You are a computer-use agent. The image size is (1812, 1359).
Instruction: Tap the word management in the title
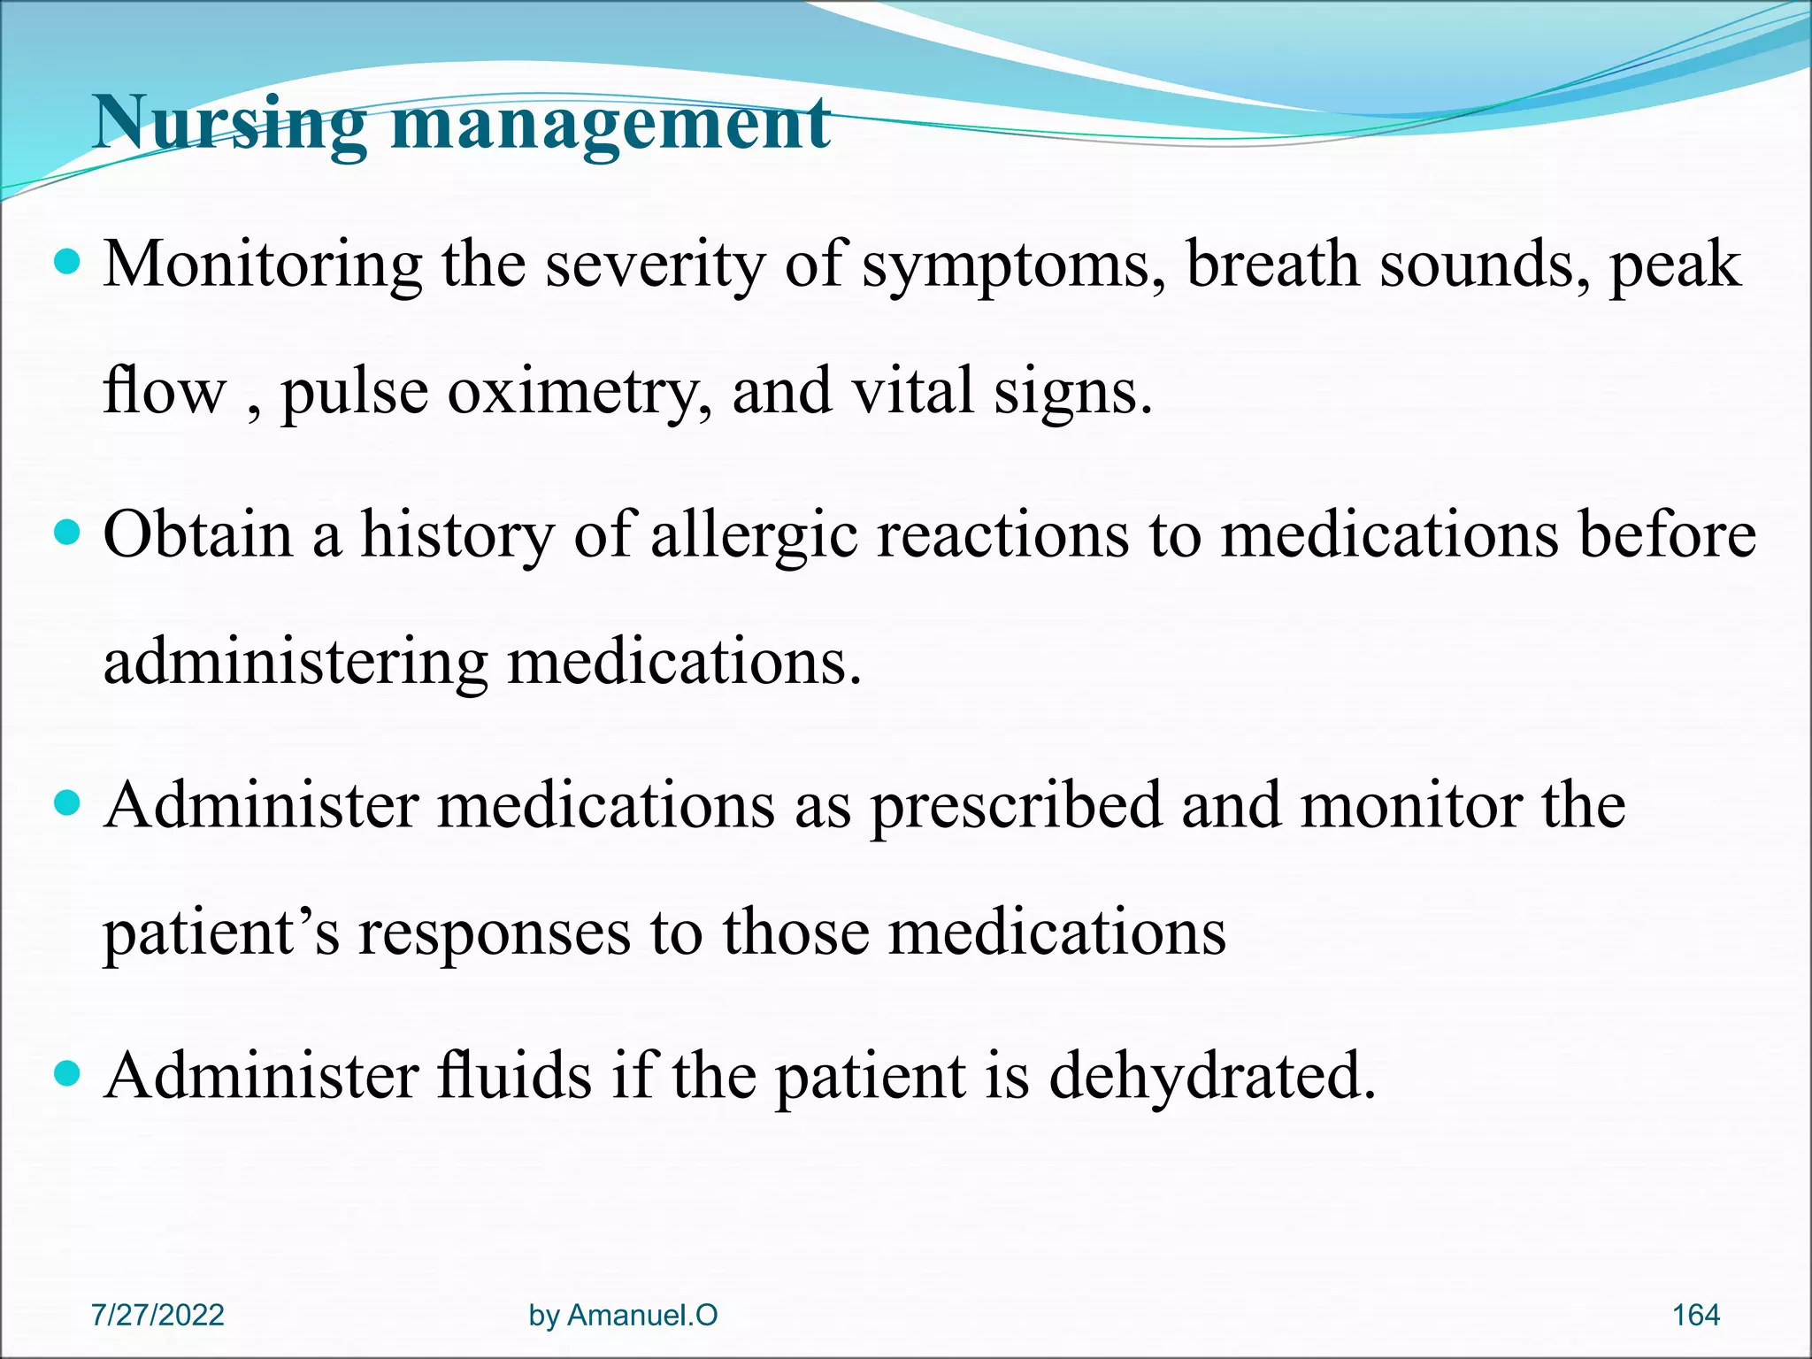tap(610, 126)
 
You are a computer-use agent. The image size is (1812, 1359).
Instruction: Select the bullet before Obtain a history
tap(67, 534)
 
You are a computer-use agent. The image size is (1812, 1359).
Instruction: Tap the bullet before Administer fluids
tap(67, 1074)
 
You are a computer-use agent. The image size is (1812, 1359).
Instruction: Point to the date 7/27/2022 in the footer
tap(157, 1315)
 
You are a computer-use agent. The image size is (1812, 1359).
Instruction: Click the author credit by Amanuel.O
tap(623, 1315)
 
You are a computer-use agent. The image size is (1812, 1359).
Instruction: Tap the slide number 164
tap(1695, 1315)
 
